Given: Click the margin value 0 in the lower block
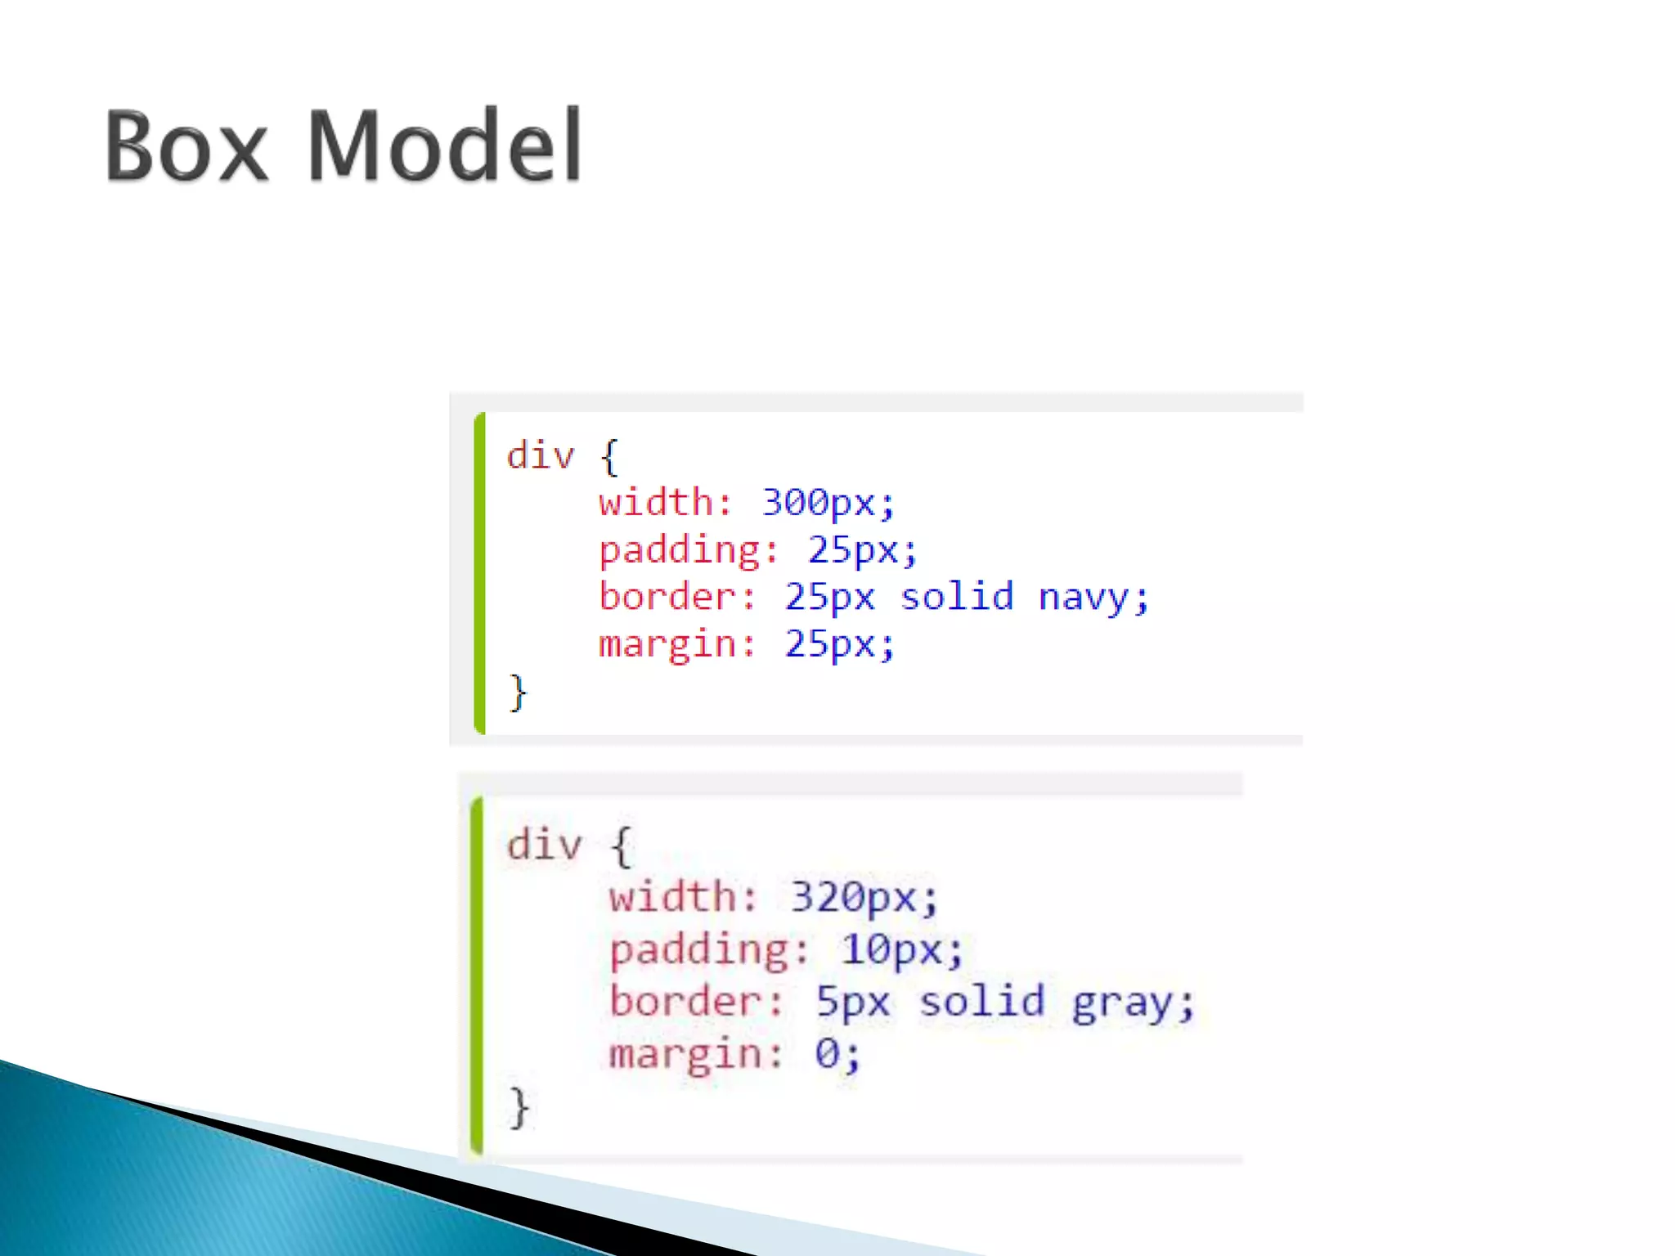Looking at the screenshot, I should pyautogui.click(x=827, y=1053).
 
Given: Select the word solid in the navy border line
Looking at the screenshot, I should pyautogui.click(x=957, y=596).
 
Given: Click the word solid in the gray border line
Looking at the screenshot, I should pyautogui.click(x=981, y=1001).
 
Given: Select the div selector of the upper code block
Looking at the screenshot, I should pyautogui.click(x=541, y=455).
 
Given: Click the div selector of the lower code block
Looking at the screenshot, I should pyautogui.click(x=544, y=844).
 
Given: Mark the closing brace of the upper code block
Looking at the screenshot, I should pyautogui.click(x=518, y=693).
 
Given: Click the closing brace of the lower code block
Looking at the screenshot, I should pyautogui.click(x=519, y=1107).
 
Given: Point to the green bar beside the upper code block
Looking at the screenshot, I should pyautogui.click(x=480, y=573).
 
